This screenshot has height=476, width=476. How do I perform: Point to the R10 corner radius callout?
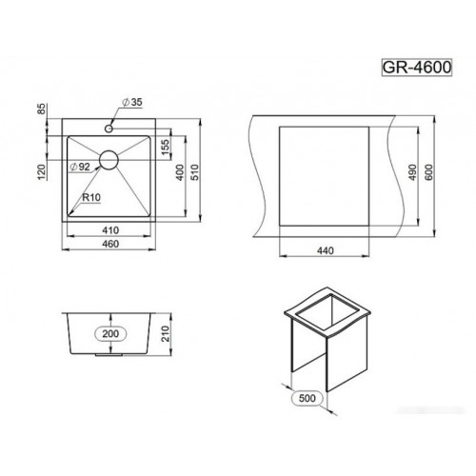click(x=91, y=198)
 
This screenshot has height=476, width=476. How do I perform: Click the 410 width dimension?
click(x=110, y=230)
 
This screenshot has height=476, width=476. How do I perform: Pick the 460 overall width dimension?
click(x=110, y=248)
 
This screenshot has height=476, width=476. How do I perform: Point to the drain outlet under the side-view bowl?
click(x=109, y=354)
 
